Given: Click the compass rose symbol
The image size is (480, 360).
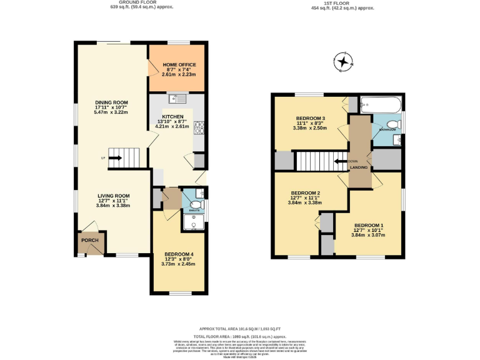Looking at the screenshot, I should [x=343, y=62].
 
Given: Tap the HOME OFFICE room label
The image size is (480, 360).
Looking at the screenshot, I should [x=179, y=65].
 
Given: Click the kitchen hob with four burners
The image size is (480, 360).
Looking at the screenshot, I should [x=199, y=127].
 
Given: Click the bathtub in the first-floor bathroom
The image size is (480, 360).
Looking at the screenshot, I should [x=382, y=104].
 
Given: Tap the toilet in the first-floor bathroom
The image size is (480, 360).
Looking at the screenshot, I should [x=392, y=124].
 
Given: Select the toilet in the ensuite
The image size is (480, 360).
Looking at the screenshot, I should [x=196, y=204].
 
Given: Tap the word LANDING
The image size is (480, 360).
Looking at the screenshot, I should [x=358, y=167].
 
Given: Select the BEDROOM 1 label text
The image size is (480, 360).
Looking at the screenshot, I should [x=369, y=225].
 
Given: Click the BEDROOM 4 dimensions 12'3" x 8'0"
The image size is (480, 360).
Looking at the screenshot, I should [x=178, y=259].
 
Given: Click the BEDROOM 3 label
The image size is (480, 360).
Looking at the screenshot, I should [x=310, y=118].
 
